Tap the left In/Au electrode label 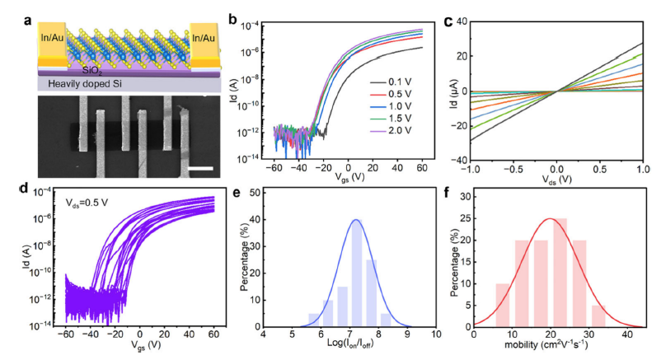[x=49, y=36]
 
